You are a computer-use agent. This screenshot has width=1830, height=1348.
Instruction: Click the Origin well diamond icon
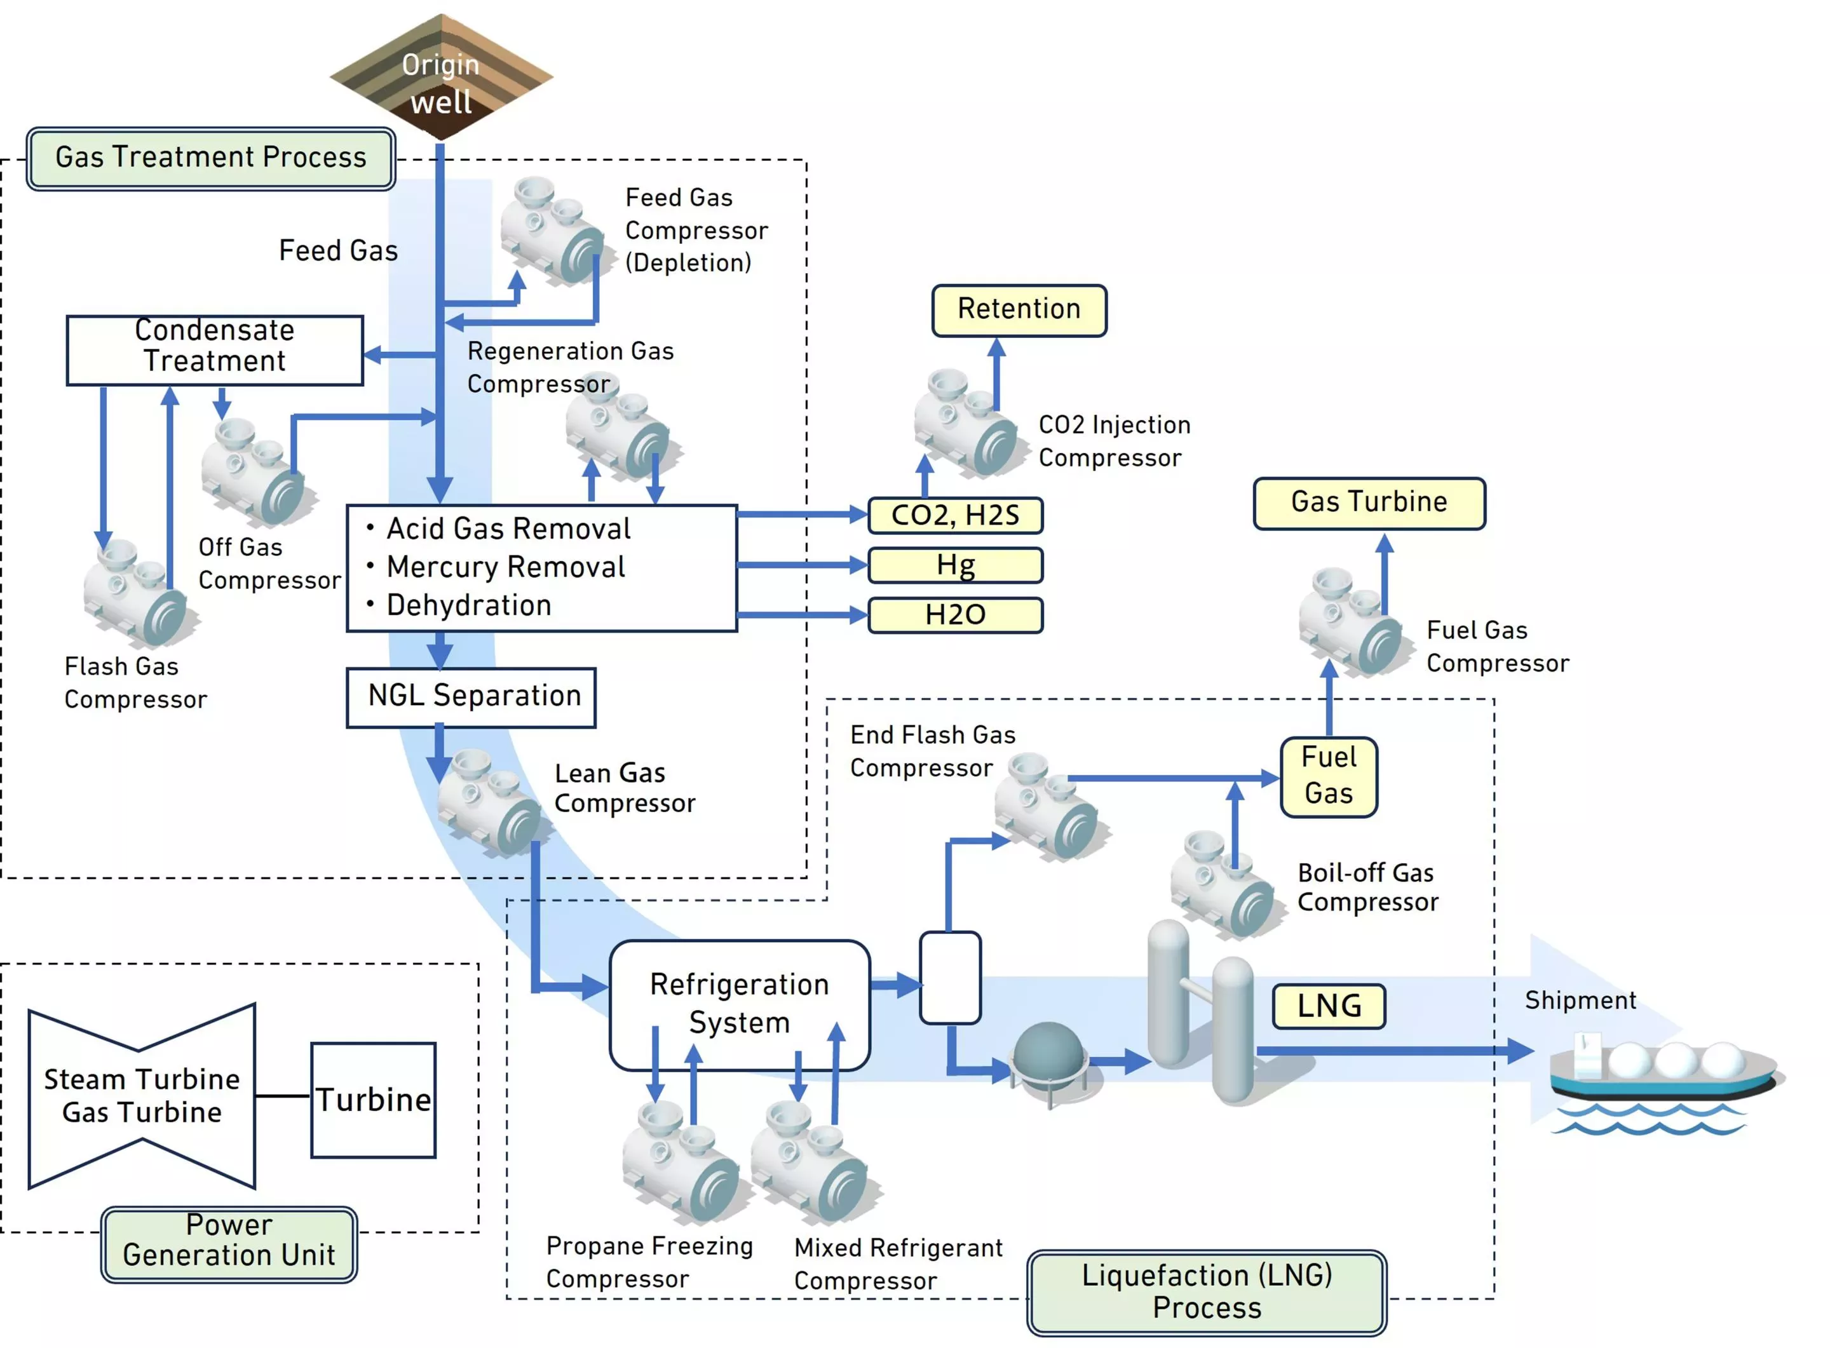point(441,78)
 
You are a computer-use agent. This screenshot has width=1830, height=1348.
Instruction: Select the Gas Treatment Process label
point(210,158)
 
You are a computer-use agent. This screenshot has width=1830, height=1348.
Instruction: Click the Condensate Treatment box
point(215,349)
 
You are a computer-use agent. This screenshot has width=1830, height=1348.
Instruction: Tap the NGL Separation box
point(471,696)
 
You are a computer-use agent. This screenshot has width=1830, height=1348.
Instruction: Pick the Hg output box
point(955,565)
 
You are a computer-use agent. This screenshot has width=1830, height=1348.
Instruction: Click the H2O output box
point(955,614)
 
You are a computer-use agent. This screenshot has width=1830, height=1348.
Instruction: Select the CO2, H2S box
point(955,515)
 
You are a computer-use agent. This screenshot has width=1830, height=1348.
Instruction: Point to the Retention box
point(1018,309)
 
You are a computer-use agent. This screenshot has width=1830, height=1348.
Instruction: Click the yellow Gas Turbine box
point(1368,502)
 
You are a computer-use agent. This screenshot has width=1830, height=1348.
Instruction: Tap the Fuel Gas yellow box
point(1328,776)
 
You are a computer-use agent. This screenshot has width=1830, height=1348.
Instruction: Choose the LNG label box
point(1328,1006)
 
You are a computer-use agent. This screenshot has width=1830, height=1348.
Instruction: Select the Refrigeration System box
point(739,1004)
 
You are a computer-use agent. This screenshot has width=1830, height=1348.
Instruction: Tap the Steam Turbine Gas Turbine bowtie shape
point(141,1096)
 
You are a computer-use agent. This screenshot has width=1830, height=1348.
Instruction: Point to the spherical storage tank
point(1047,1053)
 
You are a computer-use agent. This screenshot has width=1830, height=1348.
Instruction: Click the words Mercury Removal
point(505,567)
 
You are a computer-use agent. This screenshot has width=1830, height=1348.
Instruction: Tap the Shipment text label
point(1580,1001)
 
